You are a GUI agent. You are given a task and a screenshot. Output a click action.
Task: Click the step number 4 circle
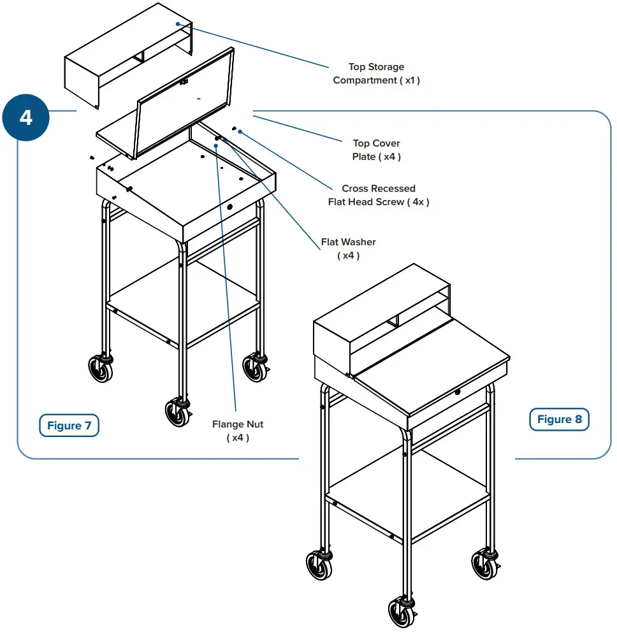tap(25, 118)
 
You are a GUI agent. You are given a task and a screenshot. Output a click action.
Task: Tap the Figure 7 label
tap(69, 426)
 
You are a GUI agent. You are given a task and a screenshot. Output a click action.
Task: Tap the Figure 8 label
tap(559, 419)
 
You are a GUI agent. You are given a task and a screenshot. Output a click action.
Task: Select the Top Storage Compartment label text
tap(376, 73)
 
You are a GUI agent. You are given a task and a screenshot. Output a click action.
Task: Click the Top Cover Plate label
tap(376, 150)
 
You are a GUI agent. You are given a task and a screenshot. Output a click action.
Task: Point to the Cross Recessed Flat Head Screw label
tap(378, 195)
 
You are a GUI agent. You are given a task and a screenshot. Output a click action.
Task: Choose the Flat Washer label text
tap(348, 248)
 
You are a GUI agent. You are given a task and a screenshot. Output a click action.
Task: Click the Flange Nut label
tap(237, 431)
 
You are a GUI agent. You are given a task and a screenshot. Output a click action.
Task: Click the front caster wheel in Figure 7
tap(177, 412)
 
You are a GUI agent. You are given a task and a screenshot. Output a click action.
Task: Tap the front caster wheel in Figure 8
tap(400, 612)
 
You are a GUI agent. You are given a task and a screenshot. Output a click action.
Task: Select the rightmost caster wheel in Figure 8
tap(484, 564)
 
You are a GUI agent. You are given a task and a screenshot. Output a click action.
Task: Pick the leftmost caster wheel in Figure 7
tap(101, 369)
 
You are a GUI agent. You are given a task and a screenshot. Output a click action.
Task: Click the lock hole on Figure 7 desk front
tap(230, 208)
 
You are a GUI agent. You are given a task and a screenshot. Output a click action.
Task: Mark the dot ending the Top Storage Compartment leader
tap(180, 24)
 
